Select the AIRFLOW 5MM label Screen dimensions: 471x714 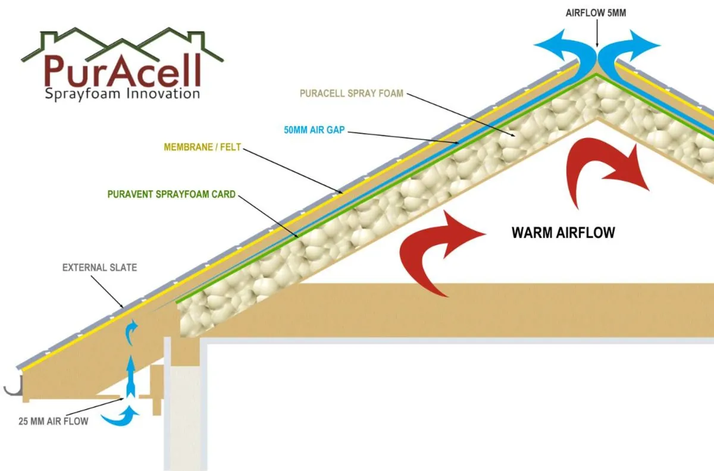tap(597, 11)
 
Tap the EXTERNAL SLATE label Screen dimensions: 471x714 tap(99, 268)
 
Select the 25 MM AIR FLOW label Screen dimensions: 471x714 tap(53, 422)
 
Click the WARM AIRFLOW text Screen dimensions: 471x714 tap(563, 233)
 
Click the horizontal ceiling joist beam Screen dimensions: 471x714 tap(416, 310)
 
